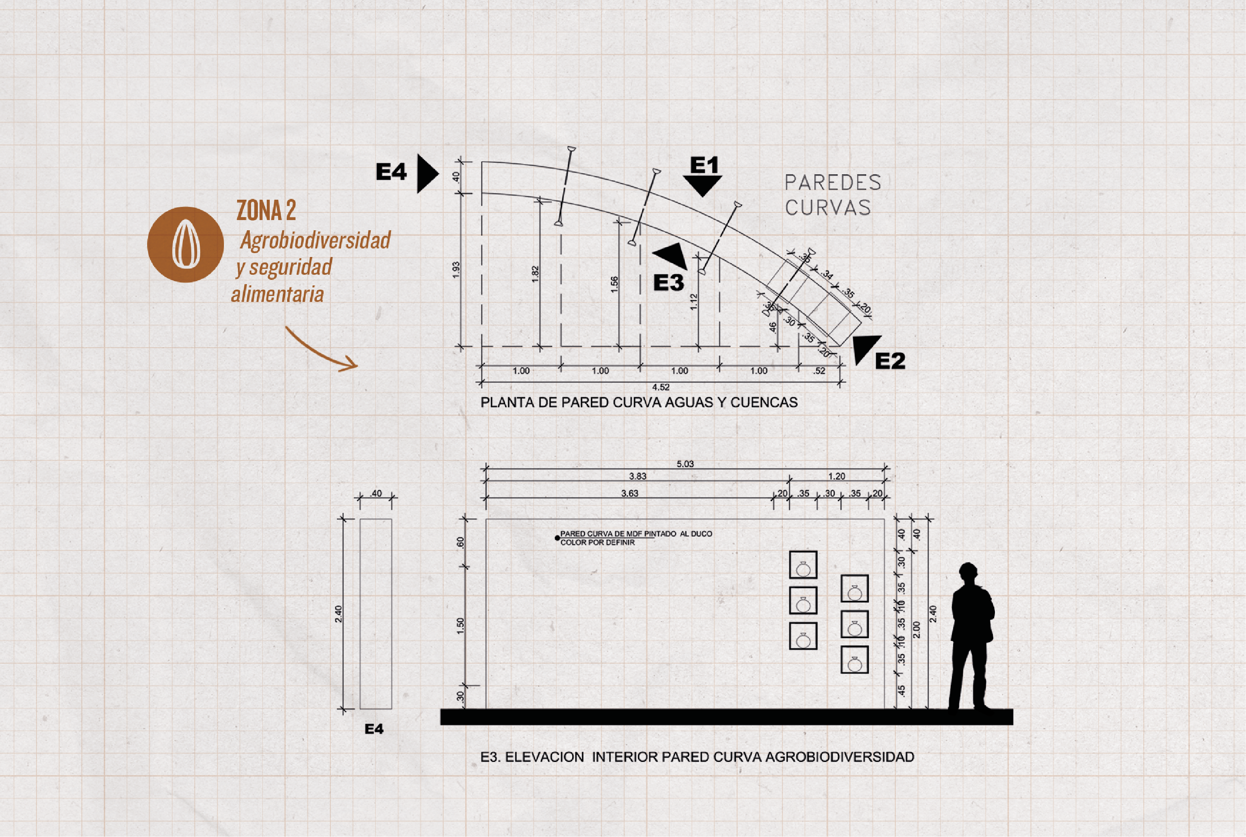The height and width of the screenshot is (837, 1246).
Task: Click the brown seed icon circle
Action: point(185,245)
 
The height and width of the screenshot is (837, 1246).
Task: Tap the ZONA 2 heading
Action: point(266,210)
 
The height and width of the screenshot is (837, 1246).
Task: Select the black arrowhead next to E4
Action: point(427,173)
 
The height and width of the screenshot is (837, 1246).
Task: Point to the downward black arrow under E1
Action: point(703,186)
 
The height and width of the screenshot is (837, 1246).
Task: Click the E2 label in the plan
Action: point(890,361)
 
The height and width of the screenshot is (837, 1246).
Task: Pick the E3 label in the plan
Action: point(668,282)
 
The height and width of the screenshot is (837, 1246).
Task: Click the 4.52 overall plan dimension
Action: point(660,387)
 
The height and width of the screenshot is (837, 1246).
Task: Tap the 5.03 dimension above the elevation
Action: point(685,464)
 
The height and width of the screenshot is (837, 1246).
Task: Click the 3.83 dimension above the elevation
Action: point(637,476)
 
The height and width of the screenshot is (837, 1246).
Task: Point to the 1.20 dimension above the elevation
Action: point(837,476)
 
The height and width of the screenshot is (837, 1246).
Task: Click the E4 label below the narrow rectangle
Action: point(374,729)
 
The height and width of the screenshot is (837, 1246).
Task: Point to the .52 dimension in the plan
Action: point(819,371)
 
